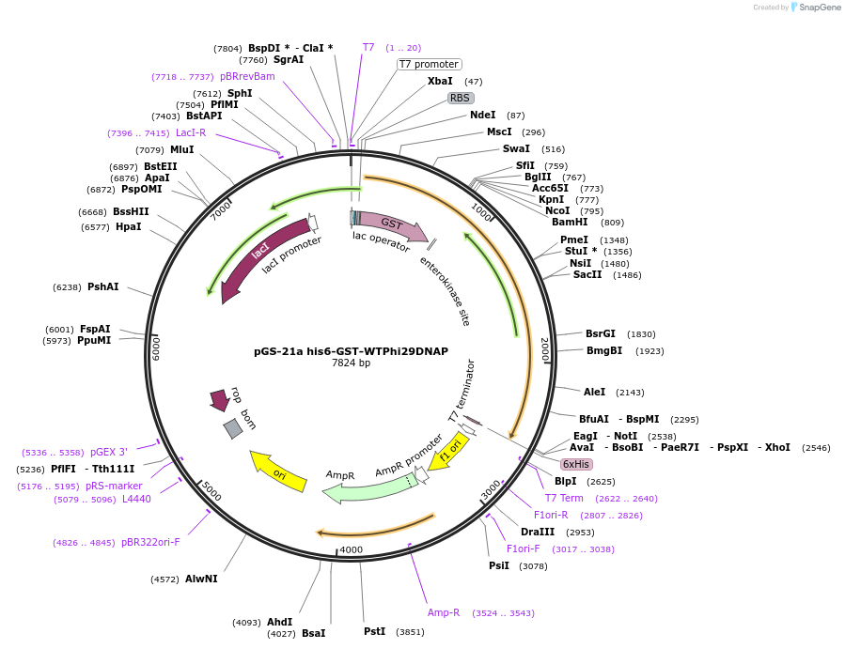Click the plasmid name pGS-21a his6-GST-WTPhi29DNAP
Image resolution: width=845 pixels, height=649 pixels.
pos(351,351)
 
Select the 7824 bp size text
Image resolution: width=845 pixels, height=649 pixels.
pos(351,363)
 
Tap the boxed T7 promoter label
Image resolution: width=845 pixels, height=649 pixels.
pos(429,65)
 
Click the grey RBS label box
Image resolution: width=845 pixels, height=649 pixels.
pos(460,98)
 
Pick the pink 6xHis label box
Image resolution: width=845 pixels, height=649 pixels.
pos(576,464)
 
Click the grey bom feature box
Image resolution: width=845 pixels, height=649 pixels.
pos(233,428)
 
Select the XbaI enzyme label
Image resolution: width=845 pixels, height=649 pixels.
pos(440,82)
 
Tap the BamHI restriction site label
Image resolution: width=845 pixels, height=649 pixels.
pos(569,223)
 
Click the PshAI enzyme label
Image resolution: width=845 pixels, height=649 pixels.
pos(103,286)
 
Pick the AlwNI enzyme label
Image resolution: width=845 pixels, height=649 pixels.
pos(201,579)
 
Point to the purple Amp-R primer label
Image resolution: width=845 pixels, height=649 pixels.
pos(444,612)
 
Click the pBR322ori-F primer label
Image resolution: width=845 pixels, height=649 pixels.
pos(150,542)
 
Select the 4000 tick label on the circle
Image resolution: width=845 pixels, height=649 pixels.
pos(351,549)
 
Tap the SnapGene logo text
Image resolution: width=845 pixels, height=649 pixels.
pos(821,8)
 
